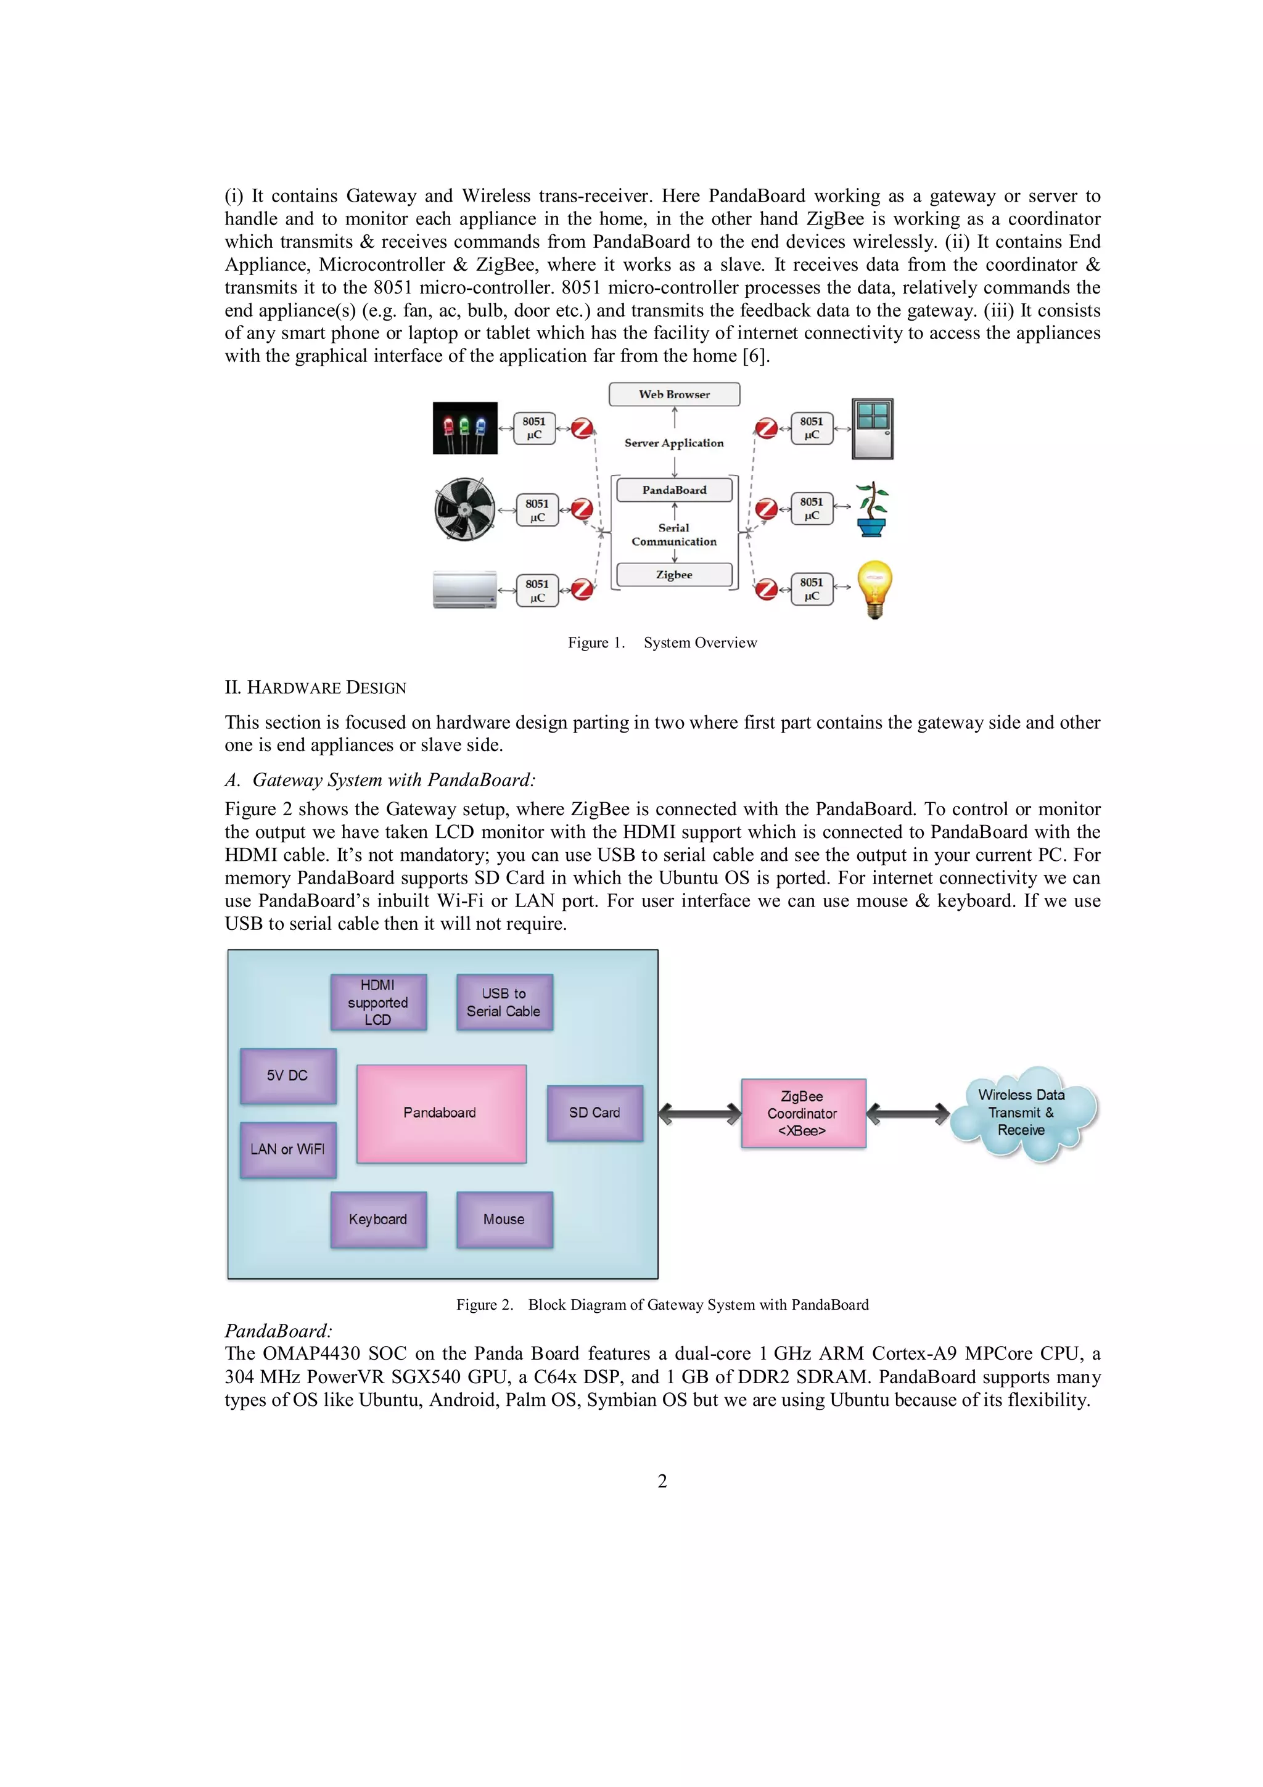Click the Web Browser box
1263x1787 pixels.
point(674,394)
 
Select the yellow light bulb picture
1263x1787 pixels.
point(874,588)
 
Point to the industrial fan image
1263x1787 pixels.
point(464,509)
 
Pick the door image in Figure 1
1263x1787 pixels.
point(873,428)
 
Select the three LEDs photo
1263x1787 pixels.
point(464,427)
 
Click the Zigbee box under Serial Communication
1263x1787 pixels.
point(674,575)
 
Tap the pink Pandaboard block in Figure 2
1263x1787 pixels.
point(441,1113)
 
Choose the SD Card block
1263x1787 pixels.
point(594,1113)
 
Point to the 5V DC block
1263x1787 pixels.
point(288,1075)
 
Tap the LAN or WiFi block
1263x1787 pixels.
point(288,1149)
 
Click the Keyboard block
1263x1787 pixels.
point(378,1220)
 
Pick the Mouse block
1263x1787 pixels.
point(504,1220)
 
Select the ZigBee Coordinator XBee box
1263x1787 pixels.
point(803,1113)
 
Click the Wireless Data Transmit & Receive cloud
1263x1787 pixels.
point(1022,1113)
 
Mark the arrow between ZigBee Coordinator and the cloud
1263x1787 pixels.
point(907,1114)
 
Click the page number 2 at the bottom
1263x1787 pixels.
point(662,1481)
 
